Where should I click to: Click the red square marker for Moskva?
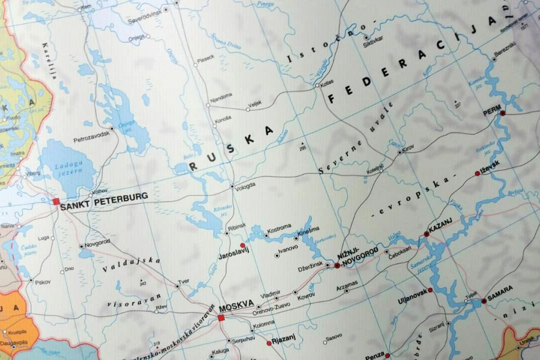coord(221,317)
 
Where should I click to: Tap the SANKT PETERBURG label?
coord(104,197)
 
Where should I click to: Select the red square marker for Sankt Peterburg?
coord(56,202)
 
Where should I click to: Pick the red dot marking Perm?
coord(502,113)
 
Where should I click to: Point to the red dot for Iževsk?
coord(478,173)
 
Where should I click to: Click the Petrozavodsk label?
coord(92,136)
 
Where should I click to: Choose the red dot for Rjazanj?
coord(269,343)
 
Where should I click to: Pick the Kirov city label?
coord(409,148)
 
